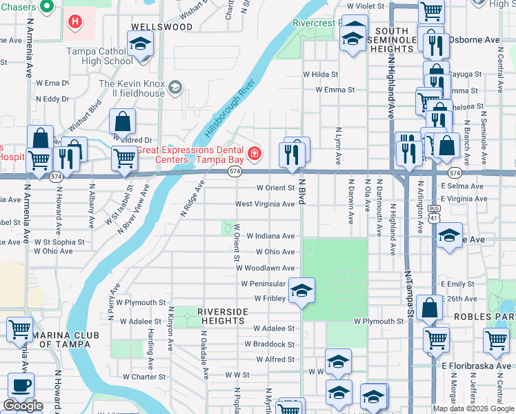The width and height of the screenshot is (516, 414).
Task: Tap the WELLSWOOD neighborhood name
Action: (161, 27)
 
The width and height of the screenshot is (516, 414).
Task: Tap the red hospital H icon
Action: (75, 21)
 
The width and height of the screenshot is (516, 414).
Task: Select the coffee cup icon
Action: (20, 386)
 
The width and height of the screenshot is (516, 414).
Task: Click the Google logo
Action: (23, 406)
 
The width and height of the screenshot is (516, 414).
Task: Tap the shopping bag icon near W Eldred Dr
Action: (122, 121)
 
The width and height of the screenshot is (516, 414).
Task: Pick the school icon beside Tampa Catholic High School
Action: (141, 46)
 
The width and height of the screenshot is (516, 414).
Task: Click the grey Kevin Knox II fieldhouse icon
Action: (175, 86)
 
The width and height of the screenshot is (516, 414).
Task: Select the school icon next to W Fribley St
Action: (301, 291)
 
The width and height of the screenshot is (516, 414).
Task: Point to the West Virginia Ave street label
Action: (265, 204)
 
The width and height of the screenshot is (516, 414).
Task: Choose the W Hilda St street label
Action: (320, 75)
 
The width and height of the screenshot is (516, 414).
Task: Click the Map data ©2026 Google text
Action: (473, 408)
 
